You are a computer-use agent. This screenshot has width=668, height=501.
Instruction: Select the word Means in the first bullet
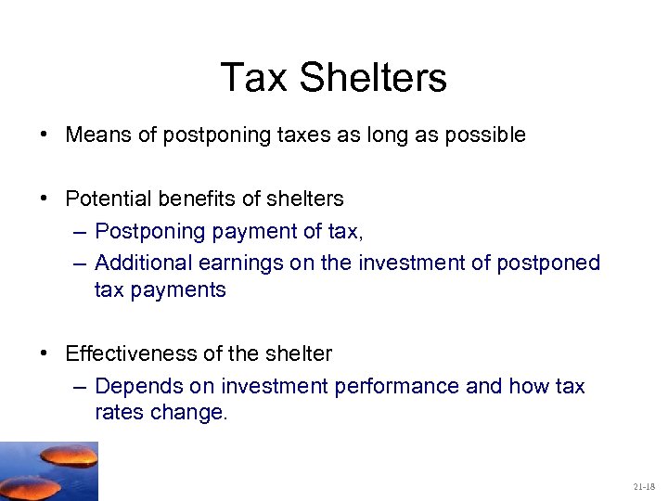click(x=95, y=135)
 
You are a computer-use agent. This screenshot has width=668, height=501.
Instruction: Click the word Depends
click(x=132, y=385)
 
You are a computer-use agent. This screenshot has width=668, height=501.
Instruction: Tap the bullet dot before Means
click(x=45, y=135)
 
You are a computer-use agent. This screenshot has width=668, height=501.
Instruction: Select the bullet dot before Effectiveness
click(x=45, y=353)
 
